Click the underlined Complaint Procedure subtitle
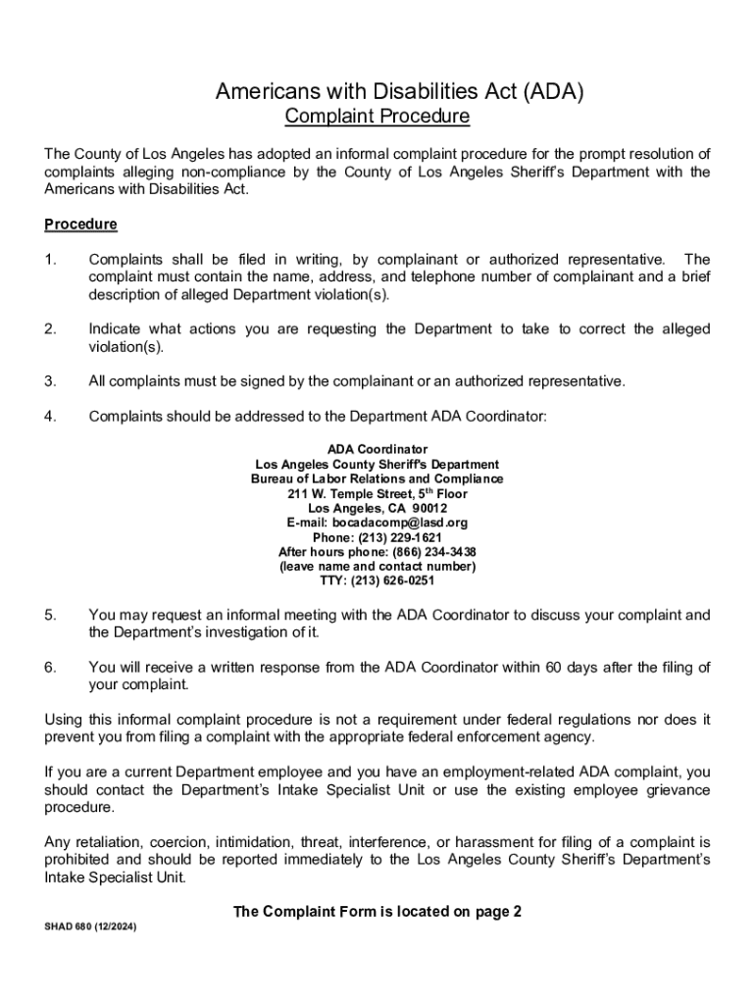pyautogui.click(x=377, y=118)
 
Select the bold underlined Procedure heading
pyautogui.click(x=80, y=225)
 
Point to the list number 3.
pyautogui.click(x=50, y=381)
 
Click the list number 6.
pyautogui.click(x=50, y=668)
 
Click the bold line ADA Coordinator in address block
pyautogui.click(x=377, y=450)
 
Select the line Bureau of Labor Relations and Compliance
pyautogui.click(x=377, y=479)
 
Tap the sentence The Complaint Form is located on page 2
pyautogui.click(x=377, y=912)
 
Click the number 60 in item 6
pyautogui.click(x=554, y=668)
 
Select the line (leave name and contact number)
pyautogui.click(x=377, y=567)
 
